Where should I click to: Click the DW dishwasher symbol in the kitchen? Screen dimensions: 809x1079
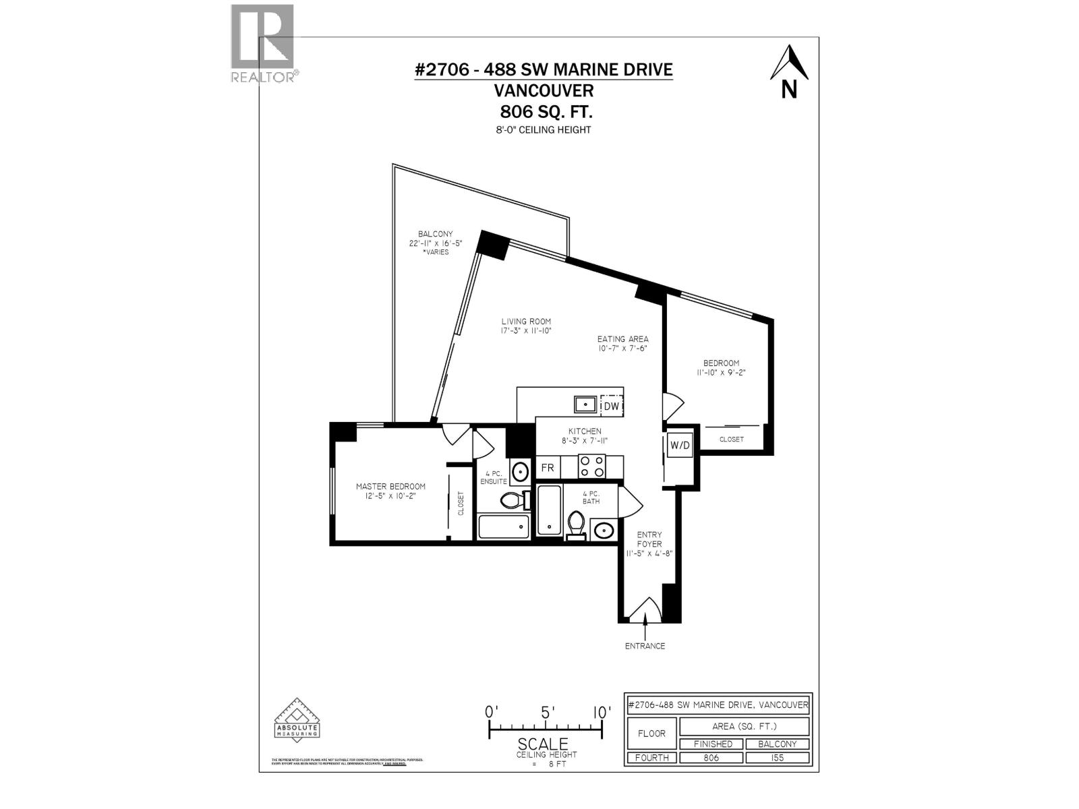[611, 405]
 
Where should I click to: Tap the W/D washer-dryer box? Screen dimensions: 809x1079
[679, 445]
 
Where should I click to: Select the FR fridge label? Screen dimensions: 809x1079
[547, 467]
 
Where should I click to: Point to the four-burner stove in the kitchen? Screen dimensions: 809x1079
[592, 467]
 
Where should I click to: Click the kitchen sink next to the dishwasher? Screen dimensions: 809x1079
[585, 404]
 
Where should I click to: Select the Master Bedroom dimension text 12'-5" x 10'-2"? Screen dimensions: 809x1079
[390, 496]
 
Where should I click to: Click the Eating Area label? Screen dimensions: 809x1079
[622, 339]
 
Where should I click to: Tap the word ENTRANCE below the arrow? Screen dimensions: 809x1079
[645, 646]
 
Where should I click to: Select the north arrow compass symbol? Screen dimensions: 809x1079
[789, 71]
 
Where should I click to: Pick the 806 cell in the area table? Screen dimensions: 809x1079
[711, 757]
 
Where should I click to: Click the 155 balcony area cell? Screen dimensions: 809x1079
[777, 757]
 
